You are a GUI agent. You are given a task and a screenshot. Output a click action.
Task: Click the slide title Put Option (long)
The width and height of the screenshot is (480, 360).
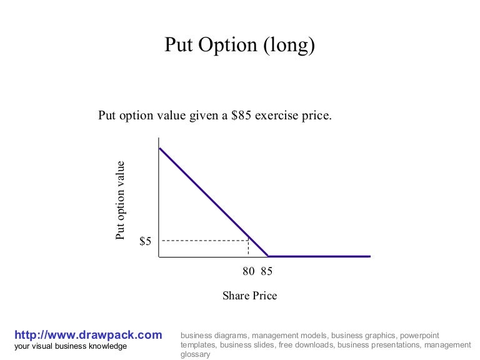coord(240,45)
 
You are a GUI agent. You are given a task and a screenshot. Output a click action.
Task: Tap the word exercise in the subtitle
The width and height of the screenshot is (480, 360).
coord(276,116)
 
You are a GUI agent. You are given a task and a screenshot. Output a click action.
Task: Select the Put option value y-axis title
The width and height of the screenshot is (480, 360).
coord(120,200)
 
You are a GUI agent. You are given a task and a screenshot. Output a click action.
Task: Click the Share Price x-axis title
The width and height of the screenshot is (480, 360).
coord(249,296)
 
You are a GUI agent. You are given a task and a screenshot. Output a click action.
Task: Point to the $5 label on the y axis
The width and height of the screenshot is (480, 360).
coord(145,241)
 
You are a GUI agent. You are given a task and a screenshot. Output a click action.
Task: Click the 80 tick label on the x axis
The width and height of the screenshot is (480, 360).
coord(249,272)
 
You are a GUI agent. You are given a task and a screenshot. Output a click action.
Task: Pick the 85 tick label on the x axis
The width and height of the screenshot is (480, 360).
coord(267,272)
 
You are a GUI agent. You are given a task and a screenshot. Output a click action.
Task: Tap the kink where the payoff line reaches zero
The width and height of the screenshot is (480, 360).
coord(268,256)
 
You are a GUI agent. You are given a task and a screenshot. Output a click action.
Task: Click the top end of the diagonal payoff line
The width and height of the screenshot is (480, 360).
coord(160,148)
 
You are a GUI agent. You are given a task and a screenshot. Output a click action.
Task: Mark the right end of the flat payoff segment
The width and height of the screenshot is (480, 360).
coord(370,256)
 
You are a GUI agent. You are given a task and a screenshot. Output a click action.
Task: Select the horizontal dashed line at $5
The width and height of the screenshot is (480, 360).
coord(203,241)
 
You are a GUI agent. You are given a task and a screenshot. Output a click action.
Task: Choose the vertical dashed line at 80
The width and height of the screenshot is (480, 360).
coord(249,248)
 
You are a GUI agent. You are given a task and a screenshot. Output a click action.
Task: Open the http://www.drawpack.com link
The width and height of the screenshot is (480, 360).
coord(88,335)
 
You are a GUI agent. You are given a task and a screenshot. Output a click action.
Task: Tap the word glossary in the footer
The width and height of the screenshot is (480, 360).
coord(195,354)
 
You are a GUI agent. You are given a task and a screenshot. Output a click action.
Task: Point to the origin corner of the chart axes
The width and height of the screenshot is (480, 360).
coord(159,256)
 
